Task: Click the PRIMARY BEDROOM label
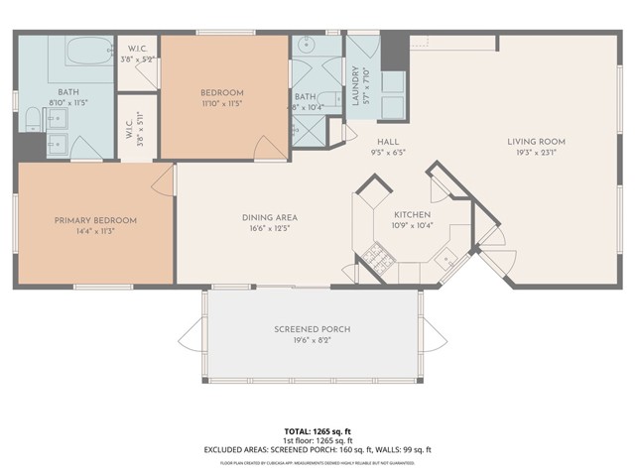[x=95, y=220]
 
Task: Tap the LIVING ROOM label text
[x=534, y=142]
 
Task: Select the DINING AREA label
[x=270, y=218]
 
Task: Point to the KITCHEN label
[x=411, y=214]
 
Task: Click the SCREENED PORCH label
[x=313, y=329]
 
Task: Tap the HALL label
[x=372, y=142]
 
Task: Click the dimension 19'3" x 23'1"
[x=534, y=154]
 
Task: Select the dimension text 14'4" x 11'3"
[x=95, y=231]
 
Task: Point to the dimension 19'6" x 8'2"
[x=313, y=341]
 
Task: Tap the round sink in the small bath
[x=306, y=46]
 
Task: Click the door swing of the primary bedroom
[x=164, y=178]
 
